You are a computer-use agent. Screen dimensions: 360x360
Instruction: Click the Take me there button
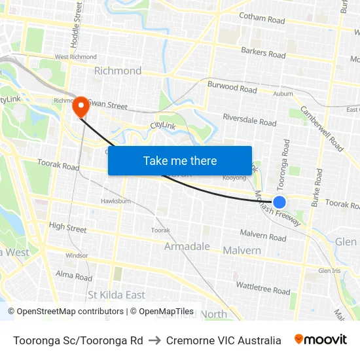tap(179, 160)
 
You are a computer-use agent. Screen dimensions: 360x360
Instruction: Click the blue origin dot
tap(279, 202)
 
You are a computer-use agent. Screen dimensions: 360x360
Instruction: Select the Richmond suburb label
tap(118, 71)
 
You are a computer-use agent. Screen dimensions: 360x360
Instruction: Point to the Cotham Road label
tap(262, 19)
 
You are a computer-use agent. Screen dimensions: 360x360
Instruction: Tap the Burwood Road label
tap(232, 87)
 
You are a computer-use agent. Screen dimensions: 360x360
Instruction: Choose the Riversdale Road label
tap(249, 121)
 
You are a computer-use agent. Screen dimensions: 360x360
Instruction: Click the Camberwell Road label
tap(321, 128)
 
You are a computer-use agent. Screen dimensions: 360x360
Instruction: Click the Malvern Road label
tap(263, 234)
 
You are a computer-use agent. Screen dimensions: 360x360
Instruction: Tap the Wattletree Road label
tap(263, 288)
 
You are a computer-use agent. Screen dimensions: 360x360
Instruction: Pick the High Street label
tap(68, 228)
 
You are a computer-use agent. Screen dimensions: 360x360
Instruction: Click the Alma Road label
tap(74, 276)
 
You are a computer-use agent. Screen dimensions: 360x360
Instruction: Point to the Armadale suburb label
tap(187, 247)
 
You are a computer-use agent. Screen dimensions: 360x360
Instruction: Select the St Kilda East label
tap(117, 295)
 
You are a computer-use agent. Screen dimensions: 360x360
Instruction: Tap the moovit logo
tap(321, 340)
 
